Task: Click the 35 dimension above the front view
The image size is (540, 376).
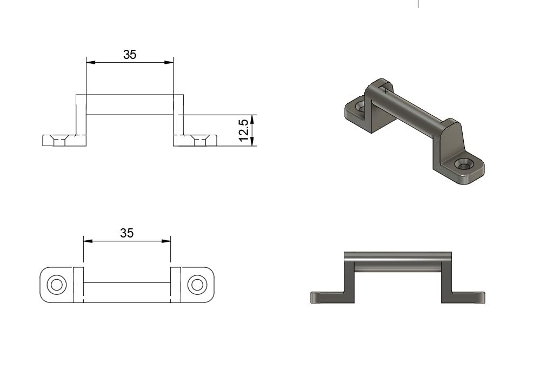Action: [x=130, y=55]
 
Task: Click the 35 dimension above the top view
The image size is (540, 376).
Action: [x=126, y=233]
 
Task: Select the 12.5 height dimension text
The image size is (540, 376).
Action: [x=243, y=130]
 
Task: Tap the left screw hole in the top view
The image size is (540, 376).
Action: [x=56, y=285]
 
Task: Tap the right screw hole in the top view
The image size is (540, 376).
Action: [x=197, y=285]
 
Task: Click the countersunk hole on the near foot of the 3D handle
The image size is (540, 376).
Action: [x=463, y=165]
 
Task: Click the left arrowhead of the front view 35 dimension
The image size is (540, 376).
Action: [x=91, y=62]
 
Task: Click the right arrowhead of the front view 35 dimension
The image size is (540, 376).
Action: [x=169, y=62]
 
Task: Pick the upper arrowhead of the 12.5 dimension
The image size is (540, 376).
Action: [x=252, y=119]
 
